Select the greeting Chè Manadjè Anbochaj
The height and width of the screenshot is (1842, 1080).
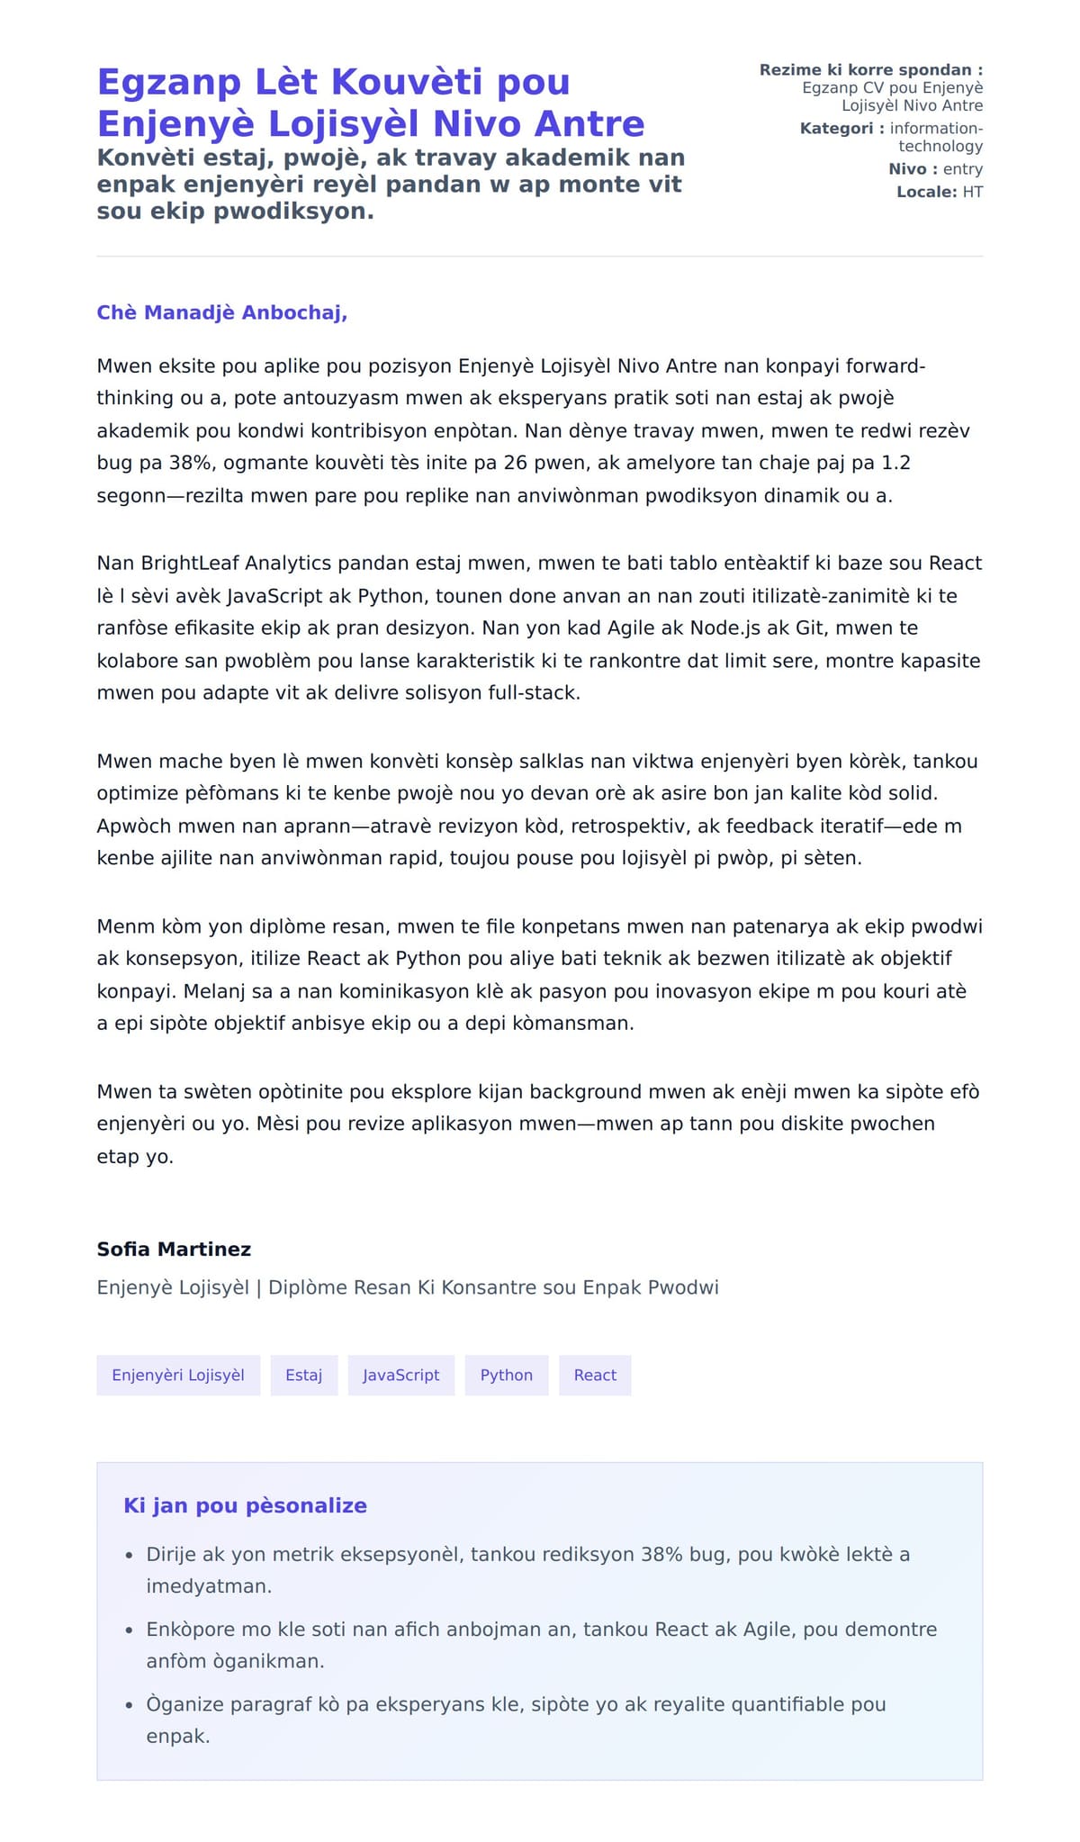pos(221,312)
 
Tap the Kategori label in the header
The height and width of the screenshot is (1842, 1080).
pos(836,129)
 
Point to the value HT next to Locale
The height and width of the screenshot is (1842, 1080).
pos(972,192)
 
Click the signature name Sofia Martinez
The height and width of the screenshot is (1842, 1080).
pos(174,1249)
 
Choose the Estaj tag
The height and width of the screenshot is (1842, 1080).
pos(303,1375)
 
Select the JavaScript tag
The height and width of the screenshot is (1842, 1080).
pos(400,1375)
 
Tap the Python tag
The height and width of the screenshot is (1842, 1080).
pos(506,1375)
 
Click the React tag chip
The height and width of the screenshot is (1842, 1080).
pos(595,1375)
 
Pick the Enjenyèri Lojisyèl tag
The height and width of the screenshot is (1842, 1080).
pos(178,1375)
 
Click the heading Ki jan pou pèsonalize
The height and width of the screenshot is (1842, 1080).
pos(245,1505)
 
